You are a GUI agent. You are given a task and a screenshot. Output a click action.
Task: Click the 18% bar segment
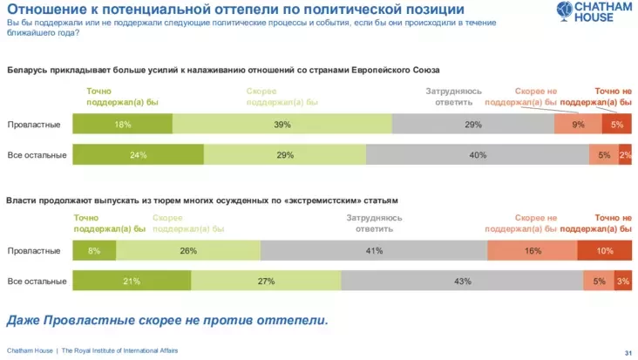point(122,125)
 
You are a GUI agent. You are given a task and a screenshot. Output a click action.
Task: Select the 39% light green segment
point(282,125)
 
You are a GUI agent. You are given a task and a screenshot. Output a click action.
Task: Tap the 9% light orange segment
point(577,125)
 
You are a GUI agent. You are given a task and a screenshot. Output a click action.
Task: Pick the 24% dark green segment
point(138,155)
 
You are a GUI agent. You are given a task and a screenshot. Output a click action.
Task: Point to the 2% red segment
point(625,155)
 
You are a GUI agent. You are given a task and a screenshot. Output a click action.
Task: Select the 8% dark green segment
point(94,251)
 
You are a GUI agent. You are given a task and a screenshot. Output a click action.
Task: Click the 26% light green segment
point(187,251)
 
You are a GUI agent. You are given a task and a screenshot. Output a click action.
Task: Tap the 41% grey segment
point(373,251)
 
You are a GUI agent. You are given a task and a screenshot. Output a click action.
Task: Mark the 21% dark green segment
point(132,281)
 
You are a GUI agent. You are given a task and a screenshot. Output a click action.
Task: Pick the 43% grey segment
point(462,281)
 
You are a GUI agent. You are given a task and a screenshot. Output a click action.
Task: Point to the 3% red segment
point(622,281)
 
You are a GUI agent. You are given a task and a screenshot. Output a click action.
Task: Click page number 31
point(627,352)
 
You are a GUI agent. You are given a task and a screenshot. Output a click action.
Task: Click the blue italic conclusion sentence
point(167,319)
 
